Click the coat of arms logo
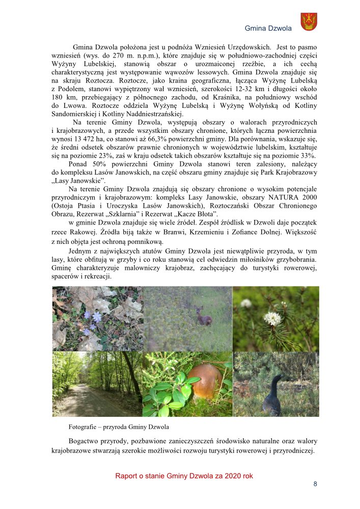tap(309, 22)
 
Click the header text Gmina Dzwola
tap(268, 29)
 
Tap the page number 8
tap(315, 484)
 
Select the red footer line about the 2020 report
tap(184, 476)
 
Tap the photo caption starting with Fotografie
tap(119, 426)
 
